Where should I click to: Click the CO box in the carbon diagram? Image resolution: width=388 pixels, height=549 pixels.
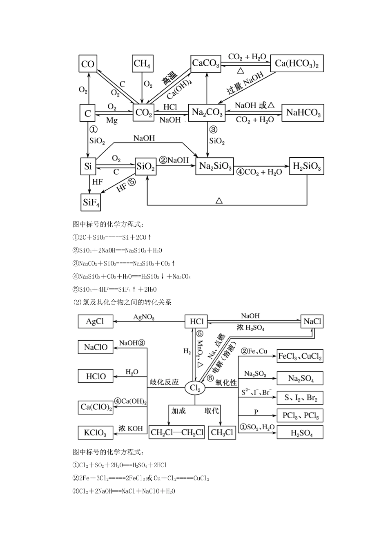(88, 64)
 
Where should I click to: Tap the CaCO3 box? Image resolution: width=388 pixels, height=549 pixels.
(206, 63)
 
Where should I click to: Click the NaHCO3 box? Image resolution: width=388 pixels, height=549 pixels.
(303, 112)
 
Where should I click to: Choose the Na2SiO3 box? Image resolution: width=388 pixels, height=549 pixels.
(215, 167)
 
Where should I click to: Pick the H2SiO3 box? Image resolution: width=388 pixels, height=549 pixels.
(306, 166)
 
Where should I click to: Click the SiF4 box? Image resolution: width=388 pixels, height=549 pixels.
(91, 202)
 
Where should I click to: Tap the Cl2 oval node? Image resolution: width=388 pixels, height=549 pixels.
(195, 388)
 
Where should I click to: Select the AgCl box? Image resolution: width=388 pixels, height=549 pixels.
(95, 321)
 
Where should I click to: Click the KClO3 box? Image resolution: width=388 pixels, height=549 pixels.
(95, 433)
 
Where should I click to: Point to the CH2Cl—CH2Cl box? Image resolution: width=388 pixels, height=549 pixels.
(177, 433)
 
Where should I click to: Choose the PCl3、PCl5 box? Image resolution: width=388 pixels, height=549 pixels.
(300, 415)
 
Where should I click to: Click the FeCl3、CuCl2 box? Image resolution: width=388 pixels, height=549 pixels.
(300, 356)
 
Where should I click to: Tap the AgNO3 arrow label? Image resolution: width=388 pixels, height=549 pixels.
(144, 317)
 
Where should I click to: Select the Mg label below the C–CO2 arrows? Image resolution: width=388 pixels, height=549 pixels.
(112, 121)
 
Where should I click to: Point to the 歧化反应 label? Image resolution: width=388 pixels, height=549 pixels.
(165, 382)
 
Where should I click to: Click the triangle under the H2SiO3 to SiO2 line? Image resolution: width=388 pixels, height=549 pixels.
(219, 201)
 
